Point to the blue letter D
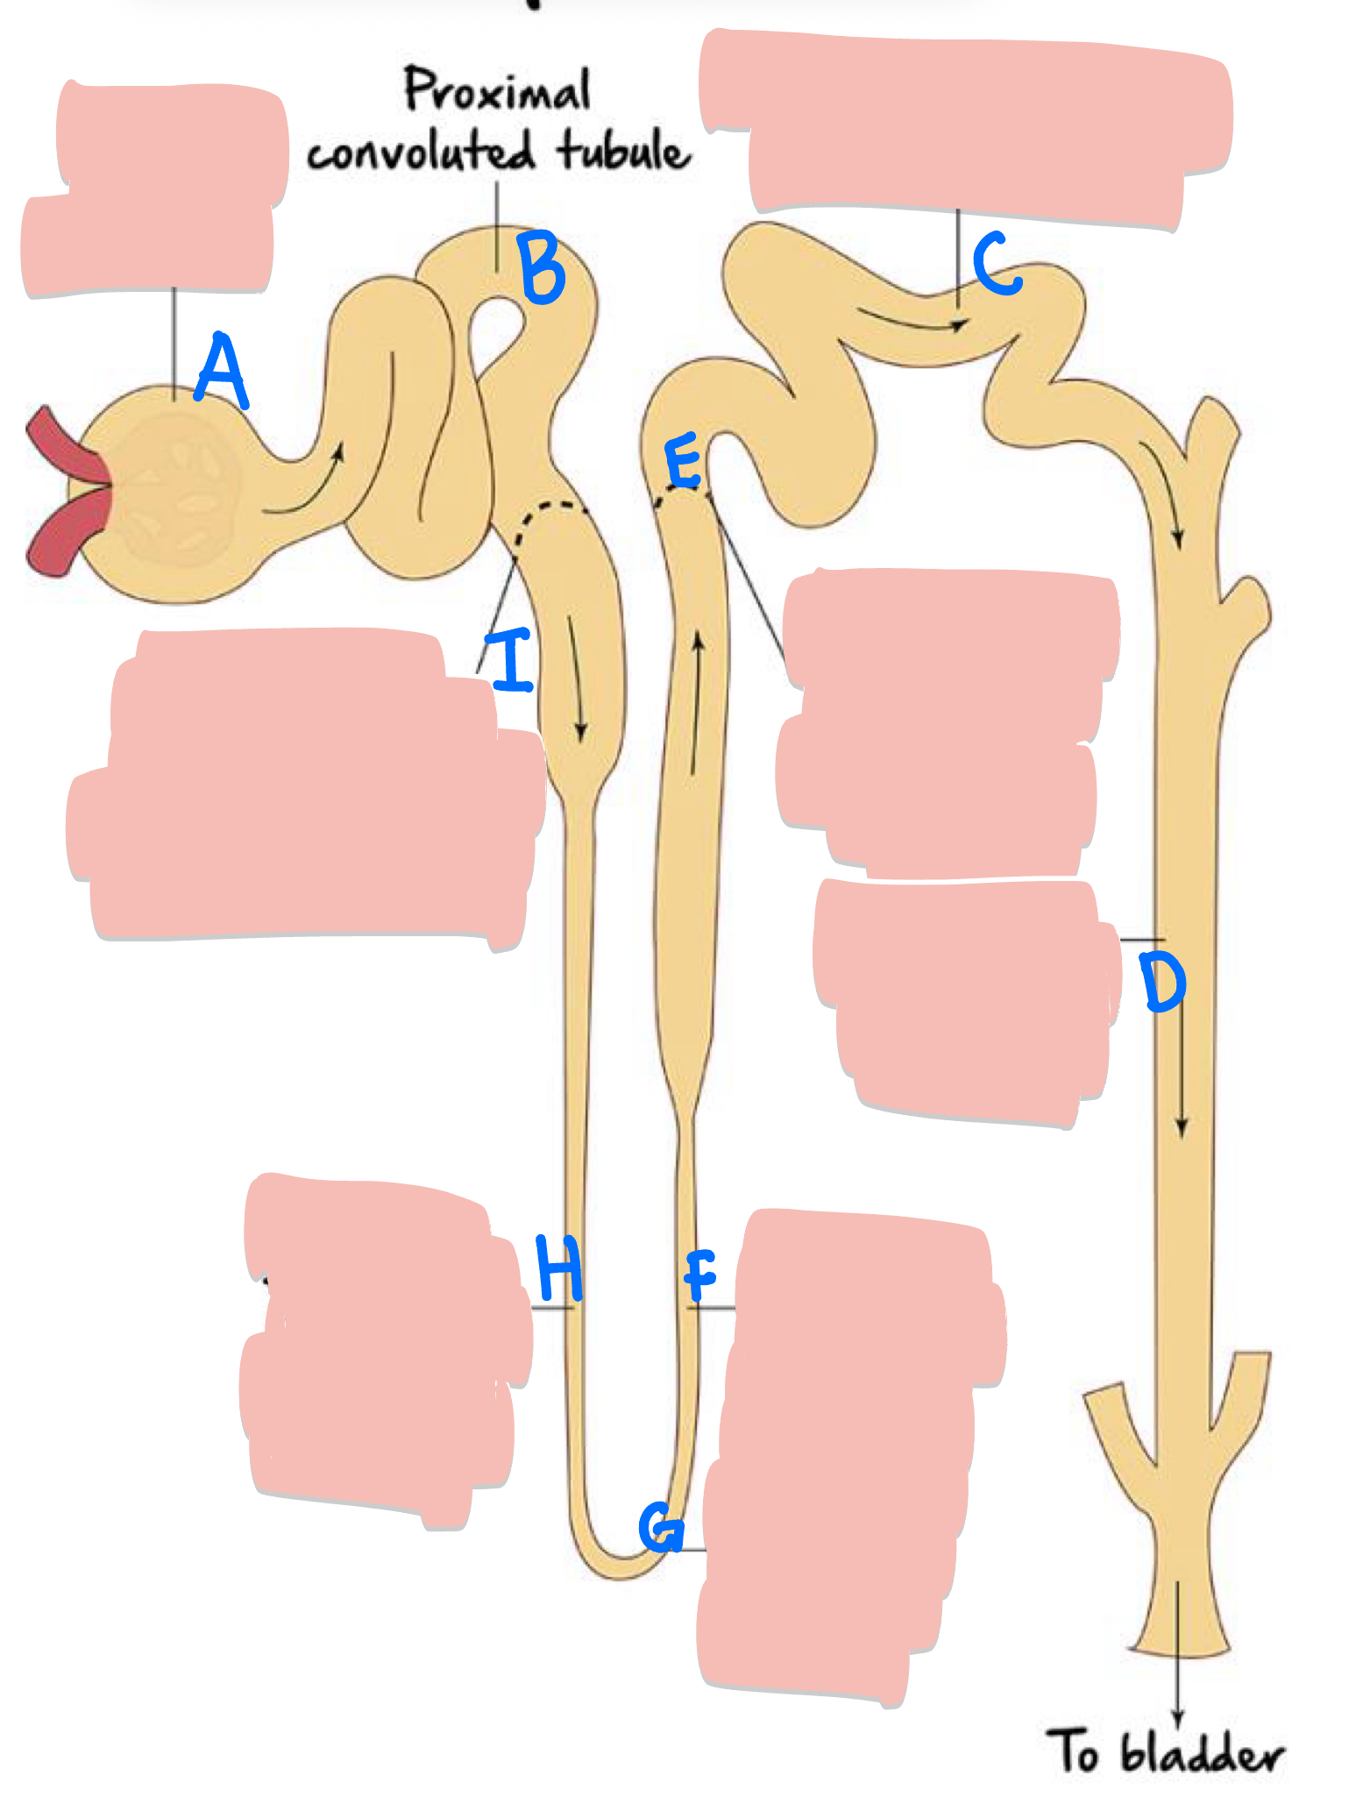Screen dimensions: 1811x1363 click(x=1162, y=983)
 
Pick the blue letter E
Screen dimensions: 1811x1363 click(x=683, y=461)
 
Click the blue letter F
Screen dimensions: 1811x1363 click(x=699, y=1275)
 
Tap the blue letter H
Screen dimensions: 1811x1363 click(x=559, y=1268)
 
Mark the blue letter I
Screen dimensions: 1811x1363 click(x=511, y=660)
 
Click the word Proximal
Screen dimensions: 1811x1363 click(x=497, y=90)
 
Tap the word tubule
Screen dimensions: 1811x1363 click(x=623, y=151)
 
